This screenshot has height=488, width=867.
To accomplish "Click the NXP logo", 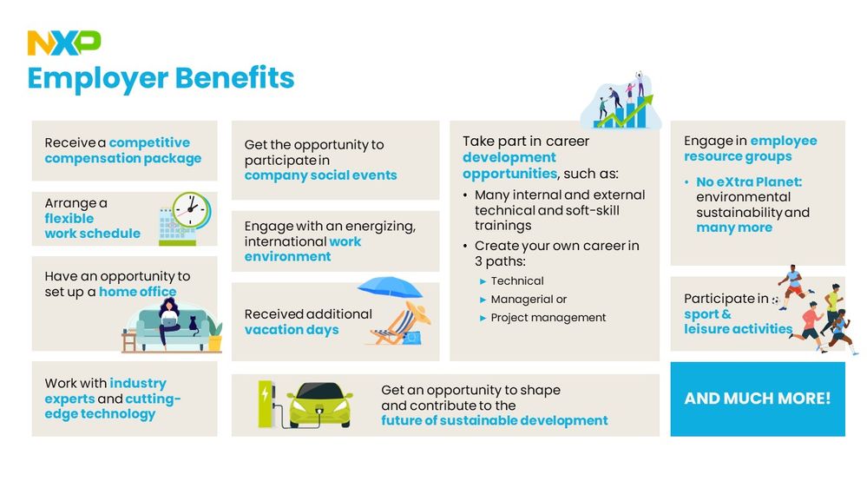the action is click(x=64, y=43).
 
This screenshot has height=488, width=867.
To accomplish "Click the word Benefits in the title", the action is click(x=235, y=77).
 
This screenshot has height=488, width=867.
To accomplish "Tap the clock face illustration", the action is click(x=191, y=210).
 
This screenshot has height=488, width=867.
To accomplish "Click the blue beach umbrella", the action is click(x=390, y=287).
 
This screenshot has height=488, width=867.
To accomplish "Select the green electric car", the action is click(x=319, y=405).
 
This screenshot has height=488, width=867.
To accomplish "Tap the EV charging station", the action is click(x=266, y=404).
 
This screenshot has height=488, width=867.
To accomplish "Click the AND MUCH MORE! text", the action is click(x=758, y=399).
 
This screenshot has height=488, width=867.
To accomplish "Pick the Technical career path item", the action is click(x=517, y=281).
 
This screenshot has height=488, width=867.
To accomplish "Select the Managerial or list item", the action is click(x=529, y=300).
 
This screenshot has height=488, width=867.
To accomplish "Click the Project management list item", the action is click(x=548, y=318).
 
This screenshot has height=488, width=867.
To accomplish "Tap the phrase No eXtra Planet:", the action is click(x=749, y=182).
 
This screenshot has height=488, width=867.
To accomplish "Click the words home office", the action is click(x=138, y=292).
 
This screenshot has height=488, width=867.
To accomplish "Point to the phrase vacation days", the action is click(x=292, y=330).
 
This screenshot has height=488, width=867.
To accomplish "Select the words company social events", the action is click(x=321, y=175).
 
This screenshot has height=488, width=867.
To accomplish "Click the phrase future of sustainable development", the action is click(x=495, y=420).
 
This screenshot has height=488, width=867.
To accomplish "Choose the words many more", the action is click(x=734, y=228).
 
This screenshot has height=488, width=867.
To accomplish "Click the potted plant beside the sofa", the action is click(x=214, y=335).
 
